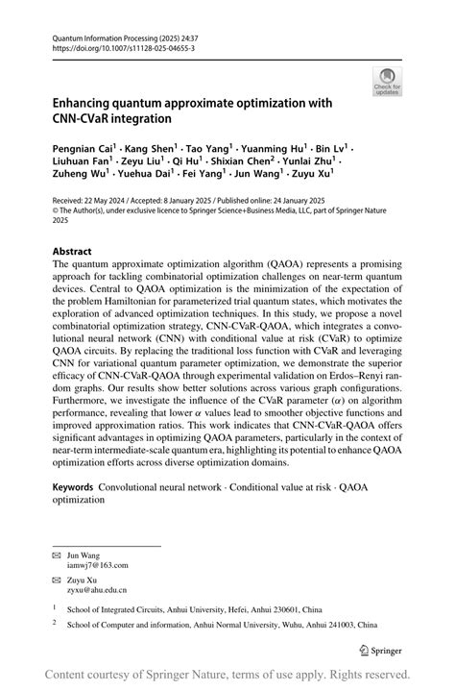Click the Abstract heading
72,251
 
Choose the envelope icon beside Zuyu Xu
56,580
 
